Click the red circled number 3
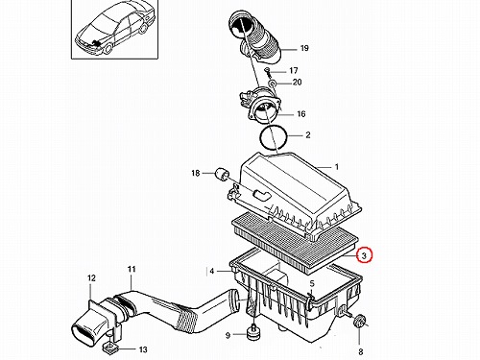[364, 255]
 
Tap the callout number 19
[304, 48]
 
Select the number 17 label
[294, 70]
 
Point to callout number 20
[298, 83]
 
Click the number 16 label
[301, 114]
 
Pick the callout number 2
[308, 134]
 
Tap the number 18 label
[196, 173]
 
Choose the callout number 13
[143, 349]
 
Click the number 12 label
[91, 278]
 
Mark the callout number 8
[361, 351]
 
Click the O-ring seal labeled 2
[273, 136]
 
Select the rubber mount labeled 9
[253, 333]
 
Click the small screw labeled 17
[268, 72]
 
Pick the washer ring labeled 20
[272, 84]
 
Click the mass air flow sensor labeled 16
[261, 108]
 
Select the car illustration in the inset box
[114, 30]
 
